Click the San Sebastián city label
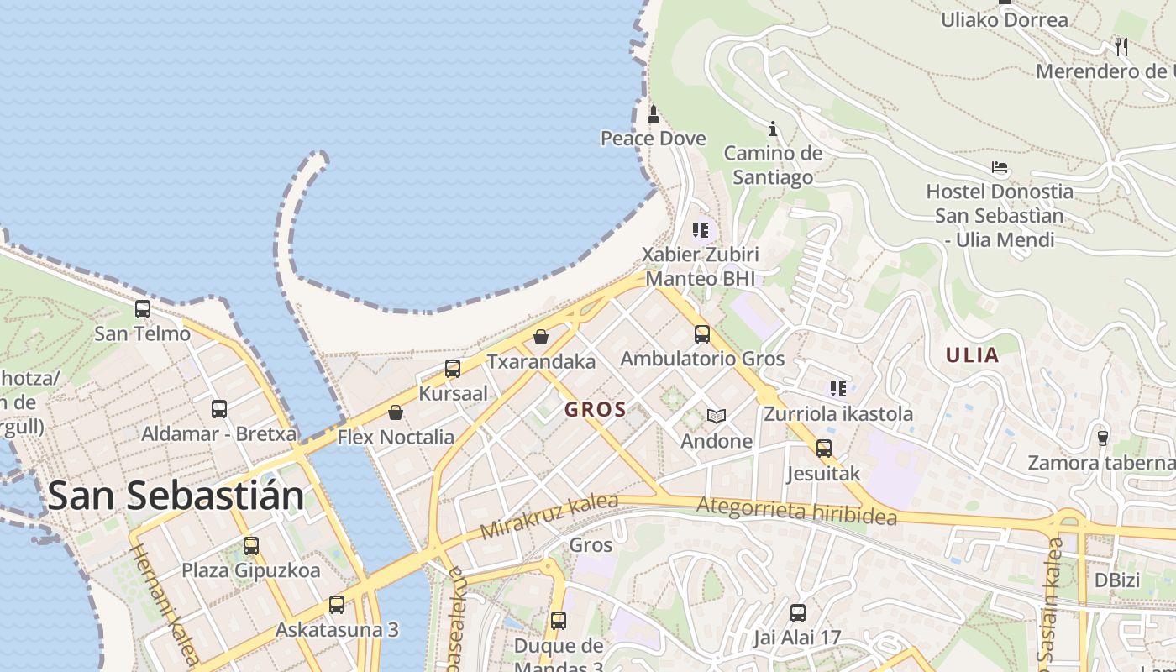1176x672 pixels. pyautogui.click(x=176, y=496)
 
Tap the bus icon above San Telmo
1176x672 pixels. pyautogui.click(x=143, y=309)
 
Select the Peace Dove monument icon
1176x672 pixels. pyautogui.click(x=654, y=114)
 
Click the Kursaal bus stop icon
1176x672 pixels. pyautogui.click(x=453, y=369)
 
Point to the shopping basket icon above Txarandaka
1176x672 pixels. pyautogui.click(x=541, y=337)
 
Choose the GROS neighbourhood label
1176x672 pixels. pyautogui.click(x=596, y=410)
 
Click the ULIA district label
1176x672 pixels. pyautogui.click(x=972, y=354)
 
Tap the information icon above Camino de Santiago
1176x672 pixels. pyautogui.click(x=773, y=129)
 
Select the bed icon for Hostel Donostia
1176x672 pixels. pyautogui.click(x=1000, y=167)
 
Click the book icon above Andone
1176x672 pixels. pyautogui.click(x=716, y=416)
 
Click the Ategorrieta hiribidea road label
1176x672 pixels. pyautogui.click(x=796, y=510)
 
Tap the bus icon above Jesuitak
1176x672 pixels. pyautogui.click(x=824, y=449)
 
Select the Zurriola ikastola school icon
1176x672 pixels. pyautogui.click(x=837, y=388)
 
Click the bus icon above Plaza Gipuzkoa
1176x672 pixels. pyautogui.click(x=251, y=546)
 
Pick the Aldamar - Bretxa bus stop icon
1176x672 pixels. pyautogui.click(x=219, y=409)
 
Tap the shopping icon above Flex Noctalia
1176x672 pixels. pyautogui.click(x=396, y=412)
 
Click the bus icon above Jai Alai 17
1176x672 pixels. pyautogui.click(x=798, y=613)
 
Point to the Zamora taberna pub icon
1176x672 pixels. pyautogui.click(x=1103, y=438)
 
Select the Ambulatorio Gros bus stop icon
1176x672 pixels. pyautogui.click(x=702, y=334)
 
